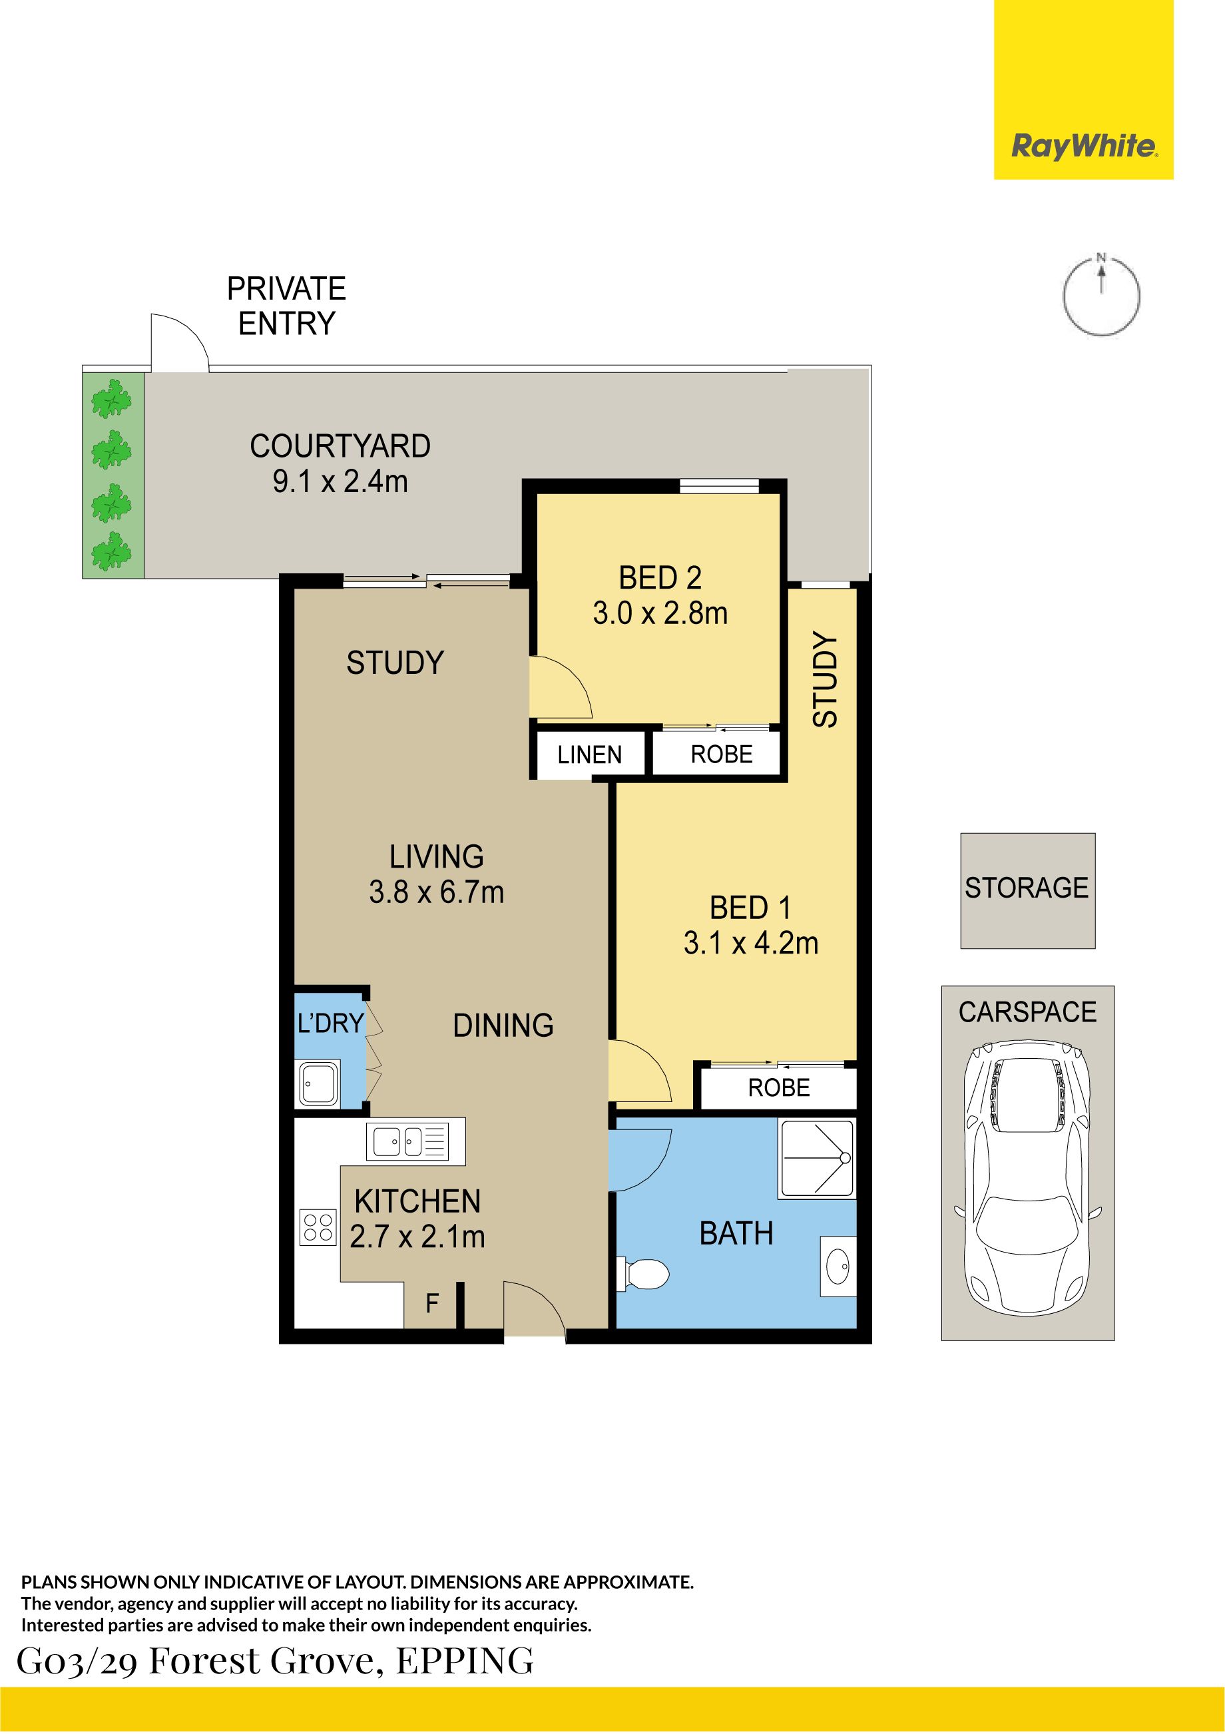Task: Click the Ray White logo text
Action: [1083, 145]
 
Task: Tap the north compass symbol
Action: [1101, 294]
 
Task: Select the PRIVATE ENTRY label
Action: [286, 306]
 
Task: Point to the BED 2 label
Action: [660, 578]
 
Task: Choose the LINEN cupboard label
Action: [589, 754]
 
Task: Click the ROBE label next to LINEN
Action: [721, 754]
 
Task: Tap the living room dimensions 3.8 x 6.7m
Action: [437, 892]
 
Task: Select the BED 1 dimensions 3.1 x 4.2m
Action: [751, 942]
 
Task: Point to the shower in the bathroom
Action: [817, 1159]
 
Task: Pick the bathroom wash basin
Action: [838, 1267]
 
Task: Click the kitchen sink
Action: [407, 1142]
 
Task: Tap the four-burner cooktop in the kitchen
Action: [318, 1227]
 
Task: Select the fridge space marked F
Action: [432, 1302]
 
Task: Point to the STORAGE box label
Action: [1027, 888]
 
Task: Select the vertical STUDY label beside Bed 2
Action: [825, 680]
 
